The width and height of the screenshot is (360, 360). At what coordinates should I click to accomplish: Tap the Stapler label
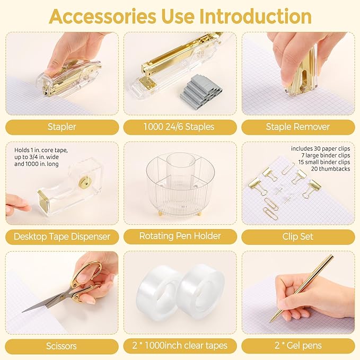62,127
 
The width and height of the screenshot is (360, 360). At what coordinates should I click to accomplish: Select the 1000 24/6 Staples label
180,127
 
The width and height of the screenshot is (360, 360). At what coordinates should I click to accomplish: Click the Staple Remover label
297,127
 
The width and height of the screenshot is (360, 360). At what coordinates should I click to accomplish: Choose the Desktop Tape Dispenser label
62,236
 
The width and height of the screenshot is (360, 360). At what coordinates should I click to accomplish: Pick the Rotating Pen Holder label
180,236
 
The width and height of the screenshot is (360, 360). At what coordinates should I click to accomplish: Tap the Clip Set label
297,236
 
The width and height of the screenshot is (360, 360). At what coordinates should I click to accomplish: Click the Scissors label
62,346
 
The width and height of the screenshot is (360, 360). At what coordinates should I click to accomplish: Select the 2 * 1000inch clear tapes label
180,346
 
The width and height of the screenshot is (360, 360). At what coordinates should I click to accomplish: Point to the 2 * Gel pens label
297,346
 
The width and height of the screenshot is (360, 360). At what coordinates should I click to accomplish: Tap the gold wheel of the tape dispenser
84,183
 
